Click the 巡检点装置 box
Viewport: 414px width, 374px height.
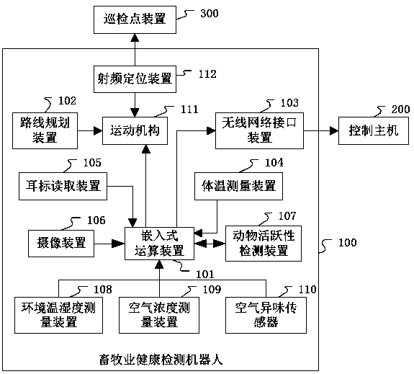(x=135, y=20)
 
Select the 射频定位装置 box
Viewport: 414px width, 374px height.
(x=135, y=79)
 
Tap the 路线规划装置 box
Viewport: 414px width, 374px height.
(x=45, y=130)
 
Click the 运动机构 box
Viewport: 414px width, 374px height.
(x=135, y=130)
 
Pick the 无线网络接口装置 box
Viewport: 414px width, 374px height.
(x=259, y=130)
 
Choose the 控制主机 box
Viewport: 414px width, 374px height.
(x=374, y=130)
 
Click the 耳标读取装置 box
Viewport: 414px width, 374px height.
(x=63, y=186)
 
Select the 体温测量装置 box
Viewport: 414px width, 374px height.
(x=239, y=186)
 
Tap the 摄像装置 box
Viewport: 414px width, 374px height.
(x=61, y=244)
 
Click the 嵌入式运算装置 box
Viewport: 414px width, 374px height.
(x=159, y=244)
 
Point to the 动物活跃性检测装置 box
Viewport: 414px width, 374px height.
(x=264, y=244)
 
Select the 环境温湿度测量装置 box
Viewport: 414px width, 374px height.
(x=58, y=315)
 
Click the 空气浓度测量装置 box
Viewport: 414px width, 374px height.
(x=159, y=315)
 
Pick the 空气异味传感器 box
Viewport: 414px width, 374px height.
(x=266, y=315)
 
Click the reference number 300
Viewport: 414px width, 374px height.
(x=210, y=13)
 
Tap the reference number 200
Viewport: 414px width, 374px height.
(x=400, y=109)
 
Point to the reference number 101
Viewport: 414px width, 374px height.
(x=205, y=275)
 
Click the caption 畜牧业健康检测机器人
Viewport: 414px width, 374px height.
(x=161, y=360)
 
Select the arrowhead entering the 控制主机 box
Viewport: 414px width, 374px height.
(x=335, y=130)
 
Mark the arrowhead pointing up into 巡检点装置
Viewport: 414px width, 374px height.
(x=135, y=38)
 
